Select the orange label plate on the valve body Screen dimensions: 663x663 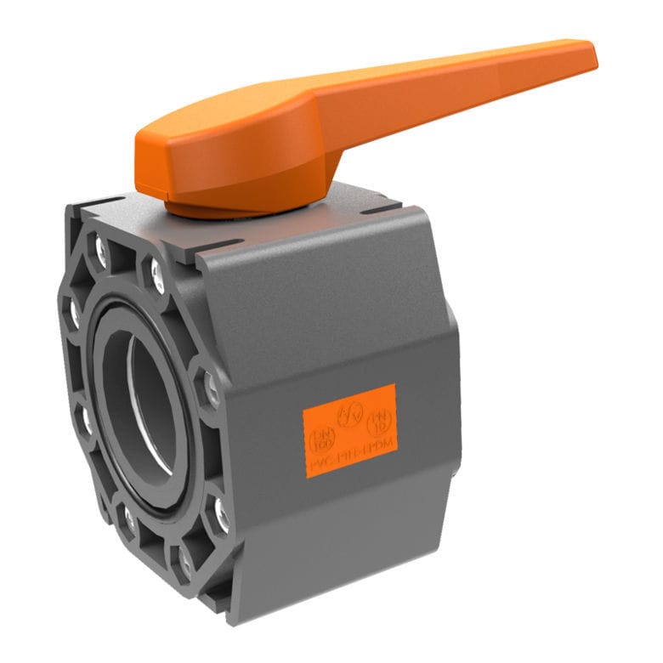click(350, 430)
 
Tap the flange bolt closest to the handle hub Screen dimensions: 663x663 click(158, 273)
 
